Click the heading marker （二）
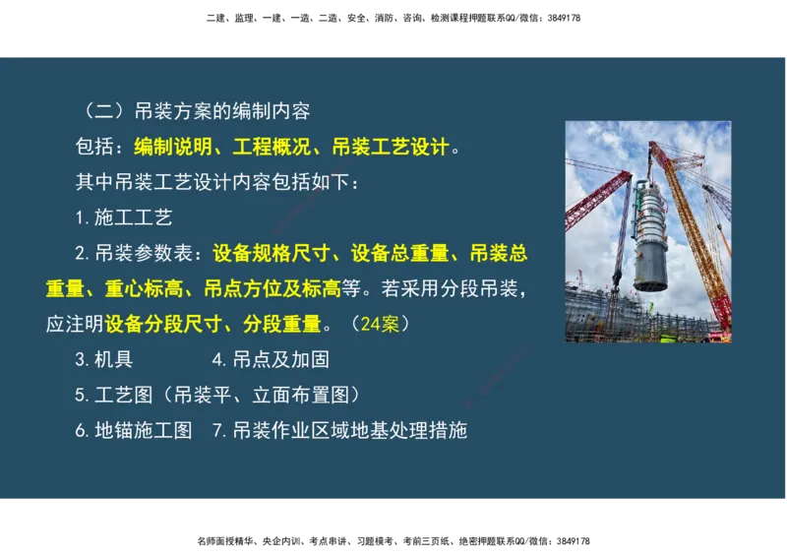[x=100, y=111]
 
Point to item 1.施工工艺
[x=123, y=217]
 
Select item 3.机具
[x=103, y=359]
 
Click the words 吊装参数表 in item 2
[x=153, y=254]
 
